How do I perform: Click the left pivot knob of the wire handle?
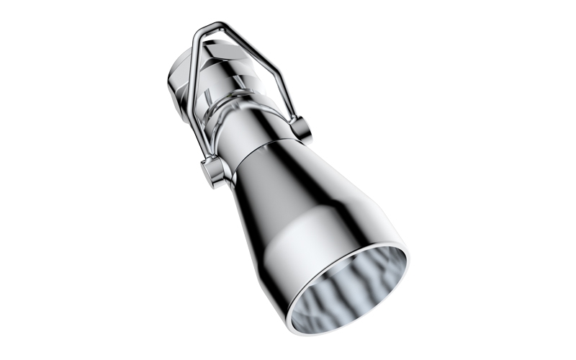coord(211,173)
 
